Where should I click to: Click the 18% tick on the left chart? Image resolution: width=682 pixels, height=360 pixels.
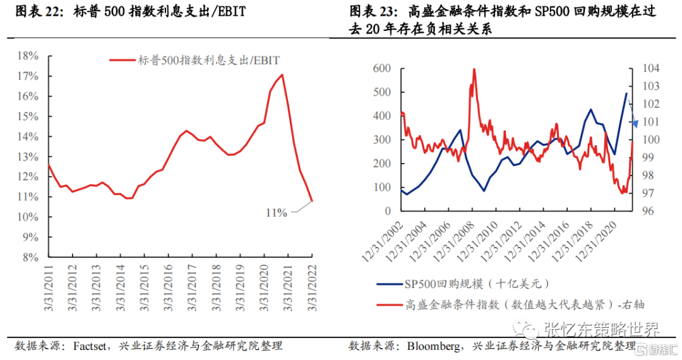tap(28, 56)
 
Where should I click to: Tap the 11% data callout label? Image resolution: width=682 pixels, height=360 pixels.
tap(276, 213)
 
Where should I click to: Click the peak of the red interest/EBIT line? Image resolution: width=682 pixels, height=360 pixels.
tap(282, 75)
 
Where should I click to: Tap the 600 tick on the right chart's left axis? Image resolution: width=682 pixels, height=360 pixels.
tap(382, 68)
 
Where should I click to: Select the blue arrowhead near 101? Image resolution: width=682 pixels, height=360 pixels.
tap(635, 123)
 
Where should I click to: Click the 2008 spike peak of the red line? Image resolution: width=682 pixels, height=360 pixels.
tap(474, 69)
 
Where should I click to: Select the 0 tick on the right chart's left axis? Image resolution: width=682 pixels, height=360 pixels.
tap(386, 211)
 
